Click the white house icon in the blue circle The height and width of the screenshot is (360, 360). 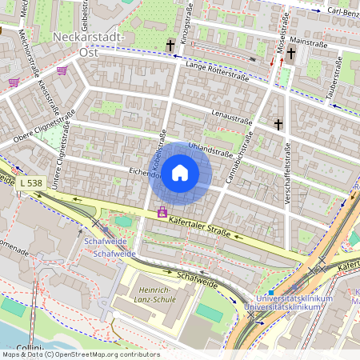click(x=180, y=173)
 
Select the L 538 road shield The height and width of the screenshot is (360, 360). click(x=31, y=183)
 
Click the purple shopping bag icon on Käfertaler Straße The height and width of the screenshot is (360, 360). click(x=162, y=211)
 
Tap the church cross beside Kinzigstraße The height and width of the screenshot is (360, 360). click(x=170, y=47)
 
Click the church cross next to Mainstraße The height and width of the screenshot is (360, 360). click(x=291, y=54)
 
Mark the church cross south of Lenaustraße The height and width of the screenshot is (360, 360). click(x=278, y=124)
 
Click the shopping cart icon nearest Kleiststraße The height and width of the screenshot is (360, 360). click(x=62, y=70)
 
